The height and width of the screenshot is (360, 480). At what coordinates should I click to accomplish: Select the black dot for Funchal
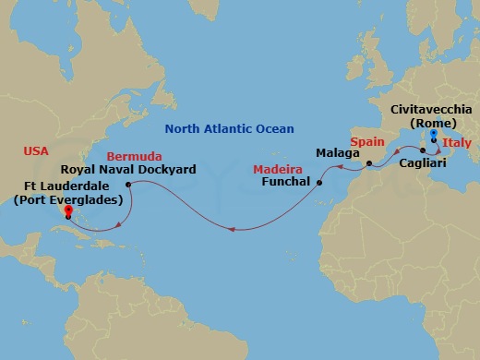point(319,183)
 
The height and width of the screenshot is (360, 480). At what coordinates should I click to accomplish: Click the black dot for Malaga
point(368,165)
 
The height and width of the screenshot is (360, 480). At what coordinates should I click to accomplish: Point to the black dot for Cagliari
point(426,151)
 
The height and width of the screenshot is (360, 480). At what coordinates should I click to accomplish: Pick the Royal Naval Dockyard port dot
point(127,183)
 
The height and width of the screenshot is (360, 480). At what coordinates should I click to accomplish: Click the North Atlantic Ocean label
point(229,129)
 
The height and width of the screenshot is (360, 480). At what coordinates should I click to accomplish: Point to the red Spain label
point(366,145)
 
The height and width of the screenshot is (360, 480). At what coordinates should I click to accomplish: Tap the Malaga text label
point(336,151)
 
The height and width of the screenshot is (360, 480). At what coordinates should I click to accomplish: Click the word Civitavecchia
point(433,109)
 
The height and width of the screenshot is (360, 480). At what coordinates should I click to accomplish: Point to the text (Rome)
point(433,123)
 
